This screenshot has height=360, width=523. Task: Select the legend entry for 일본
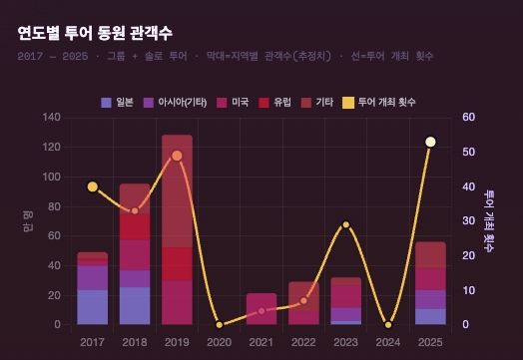point(118,103)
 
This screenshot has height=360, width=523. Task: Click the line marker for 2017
point(92,186)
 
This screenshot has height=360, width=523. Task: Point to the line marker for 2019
point(177,156)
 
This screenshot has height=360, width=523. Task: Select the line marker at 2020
point(220,324)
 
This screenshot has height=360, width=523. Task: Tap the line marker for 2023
point(346,224)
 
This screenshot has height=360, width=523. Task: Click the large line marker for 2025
point(430,142)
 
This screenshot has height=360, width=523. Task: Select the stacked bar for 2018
point(135,254)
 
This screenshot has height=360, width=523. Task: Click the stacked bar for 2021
point(261,309)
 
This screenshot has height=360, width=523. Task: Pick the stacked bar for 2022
point(303,303)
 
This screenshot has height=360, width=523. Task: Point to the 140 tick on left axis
point(52,118)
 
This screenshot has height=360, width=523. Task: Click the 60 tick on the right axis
point(468,118)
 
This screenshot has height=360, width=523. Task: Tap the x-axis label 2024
point(388,341)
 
